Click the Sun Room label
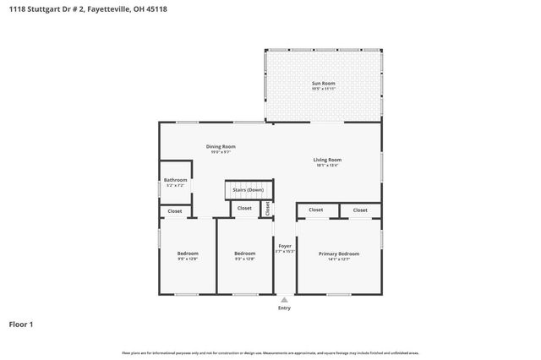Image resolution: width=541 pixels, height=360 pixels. pos(324,83)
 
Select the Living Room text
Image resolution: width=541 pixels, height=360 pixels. pos(327,159)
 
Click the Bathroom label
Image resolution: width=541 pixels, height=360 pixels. pos(175,179)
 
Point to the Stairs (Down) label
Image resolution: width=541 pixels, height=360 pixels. pos(249,190)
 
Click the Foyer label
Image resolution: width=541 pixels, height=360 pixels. pos(285,246)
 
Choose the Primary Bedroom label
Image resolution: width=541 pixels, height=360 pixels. pos(338,254)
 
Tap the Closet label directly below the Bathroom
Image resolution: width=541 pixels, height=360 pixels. pos(174,210)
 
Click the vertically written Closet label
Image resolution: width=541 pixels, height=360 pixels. pos(268,208)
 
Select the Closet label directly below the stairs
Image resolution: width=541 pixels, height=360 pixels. pos(244,208)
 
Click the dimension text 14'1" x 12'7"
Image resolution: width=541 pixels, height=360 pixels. pos(338,259)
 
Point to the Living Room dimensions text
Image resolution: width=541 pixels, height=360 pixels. pos(327,165)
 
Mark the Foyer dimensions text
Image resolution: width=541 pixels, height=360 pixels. pos(285,252)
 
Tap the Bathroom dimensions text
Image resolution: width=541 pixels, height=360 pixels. pos(175,184)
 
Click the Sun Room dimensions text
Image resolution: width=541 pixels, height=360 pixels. pos(324,89)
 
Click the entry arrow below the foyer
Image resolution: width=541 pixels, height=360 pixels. pos(284,298)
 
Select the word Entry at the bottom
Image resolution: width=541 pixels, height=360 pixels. pos(284,308)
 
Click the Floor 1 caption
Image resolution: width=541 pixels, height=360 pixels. pos(22,324)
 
